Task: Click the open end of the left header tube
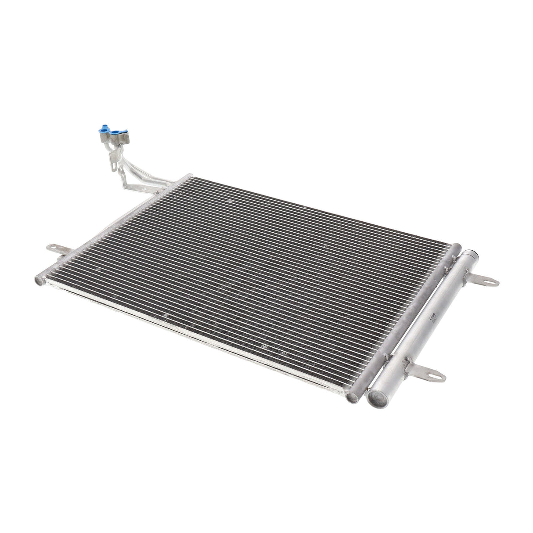pyautogui.click(x=39, y=279)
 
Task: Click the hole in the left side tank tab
pyautogui.click(x=50, y=248)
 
